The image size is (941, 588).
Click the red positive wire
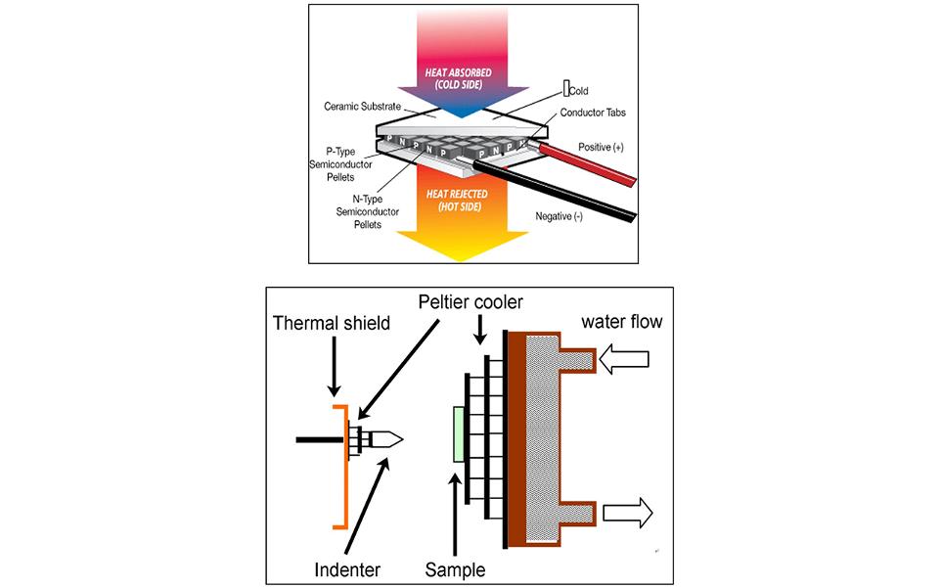click(587, 165)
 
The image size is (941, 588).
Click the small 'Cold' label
click(578, 91)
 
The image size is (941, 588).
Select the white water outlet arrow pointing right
click(628, 511)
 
